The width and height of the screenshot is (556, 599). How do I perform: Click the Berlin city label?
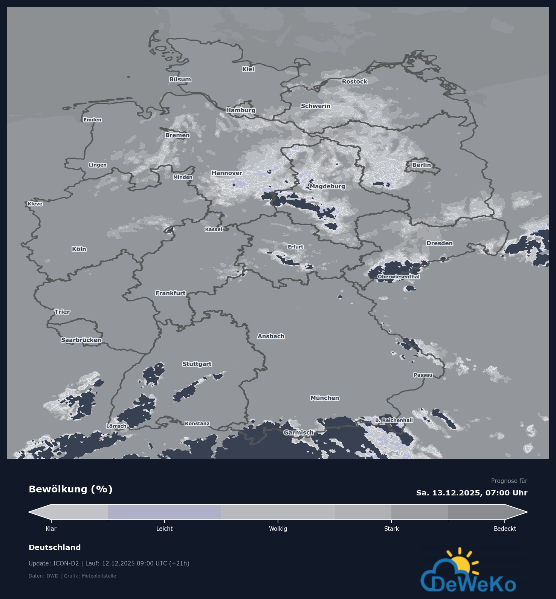tap(421, 165)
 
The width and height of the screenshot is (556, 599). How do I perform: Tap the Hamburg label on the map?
tap(241, 110)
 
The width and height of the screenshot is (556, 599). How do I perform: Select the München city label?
tap(325, 398)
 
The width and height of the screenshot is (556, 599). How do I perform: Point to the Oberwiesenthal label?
tap(399, 277)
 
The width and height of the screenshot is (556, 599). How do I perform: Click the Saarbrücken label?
tap(81, 340)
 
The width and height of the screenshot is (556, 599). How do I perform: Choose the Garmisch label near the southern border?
tap(298, 432)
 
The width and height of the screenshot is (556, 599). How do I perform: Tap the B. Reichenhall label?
tap(394, 420)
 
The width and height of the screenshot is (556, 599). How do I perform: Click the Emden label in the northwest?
tap(92, 120)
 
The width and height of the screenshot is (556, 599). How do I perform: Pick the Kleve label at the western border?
tap(35, 204)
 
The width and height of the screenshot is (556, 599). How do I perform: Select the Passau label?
tap(423, 375)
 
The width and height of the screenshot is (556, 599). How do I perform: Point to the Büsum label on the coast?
tap(180, 79)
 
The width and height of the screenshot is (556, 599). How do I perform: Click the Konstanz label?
tap(197, 423)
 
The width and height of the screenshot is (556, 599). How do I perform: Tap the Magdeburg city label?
tap(327, 186)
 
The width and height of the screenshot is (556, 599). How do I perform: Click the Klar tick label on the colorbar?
tap(51, 529)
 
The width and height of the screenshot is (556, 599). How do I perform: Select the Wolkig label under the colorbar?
tap(278, 529)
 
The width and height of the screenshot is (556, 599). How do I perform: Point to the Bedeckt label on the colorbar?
tap(505, 529)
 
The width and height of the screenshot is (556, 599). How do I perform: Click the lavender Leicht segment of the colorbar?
tap(164, 512)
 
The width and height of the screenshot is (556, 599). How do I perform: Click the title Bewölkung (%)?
tap(70, 489)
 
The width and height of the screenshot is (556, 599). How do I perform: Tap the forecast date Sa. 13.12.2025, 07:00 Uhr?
tap(472, 493)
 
